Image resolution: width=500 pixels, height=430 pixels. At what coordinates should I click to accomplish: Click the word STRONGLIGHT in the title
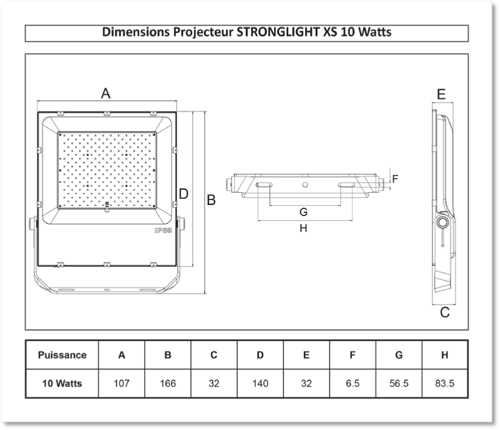point(278,32)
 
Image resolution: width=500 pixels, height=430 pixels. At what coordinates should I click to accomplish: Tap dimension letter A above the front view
point(106,93)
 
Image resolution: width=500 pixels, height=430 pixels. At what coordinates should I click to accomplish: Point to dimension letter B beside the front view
point(211,200)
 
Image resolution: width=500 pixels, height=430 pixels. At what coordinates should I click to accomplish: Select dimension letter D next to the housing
point(184,194)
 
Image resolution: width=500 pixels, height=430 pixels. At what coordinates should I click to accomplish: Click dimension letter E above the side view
point(441,94)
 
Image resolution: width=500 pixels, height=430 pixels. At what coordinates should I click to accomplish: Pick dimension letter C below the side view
point(445,312)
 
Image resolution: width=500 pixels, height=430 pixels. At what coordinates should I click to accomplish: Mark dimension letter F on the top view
point(395,179)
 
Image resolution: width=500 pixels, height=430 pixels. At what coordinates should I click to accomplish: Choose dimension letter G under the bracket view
point(303,212)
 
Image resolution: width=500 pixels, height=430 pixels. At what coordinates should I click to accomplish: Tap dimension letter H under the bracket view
point(303,228)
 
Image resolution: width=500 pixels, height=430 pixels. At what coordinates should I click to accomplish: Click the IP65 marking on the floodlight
point(163,231)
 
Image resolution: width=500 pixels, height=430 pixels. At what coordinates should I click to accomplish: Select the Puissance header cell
point(62,355)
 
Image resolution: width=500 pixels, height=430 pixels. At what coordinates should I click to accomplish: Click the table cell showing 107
point(121,383)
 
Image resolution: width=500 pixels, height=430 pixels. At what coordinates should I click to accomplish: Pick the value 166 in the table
point(168,383)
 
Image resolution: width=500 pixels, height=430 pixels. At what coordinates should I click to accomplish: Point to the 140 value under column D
point(260,383)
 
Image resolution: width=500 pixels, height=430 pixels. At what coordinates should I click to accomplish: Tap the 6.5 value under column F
point(353,383)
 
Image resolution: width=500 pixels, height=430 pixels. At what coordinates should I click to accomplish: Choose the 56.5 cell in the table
point(399,383)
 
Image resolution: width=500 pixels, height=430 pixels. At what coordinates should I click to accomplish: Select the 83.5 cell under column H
point(445,383)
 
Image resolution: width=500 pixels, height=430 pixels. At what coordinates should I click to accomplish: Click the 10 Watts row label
point(62,383)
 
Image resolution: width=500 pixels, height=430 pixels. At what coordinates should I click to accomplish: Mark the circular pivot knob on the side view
point(442,222)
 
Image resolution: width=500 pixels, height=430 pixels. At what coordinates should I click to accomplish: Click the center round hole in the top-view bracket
point(305,185)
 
